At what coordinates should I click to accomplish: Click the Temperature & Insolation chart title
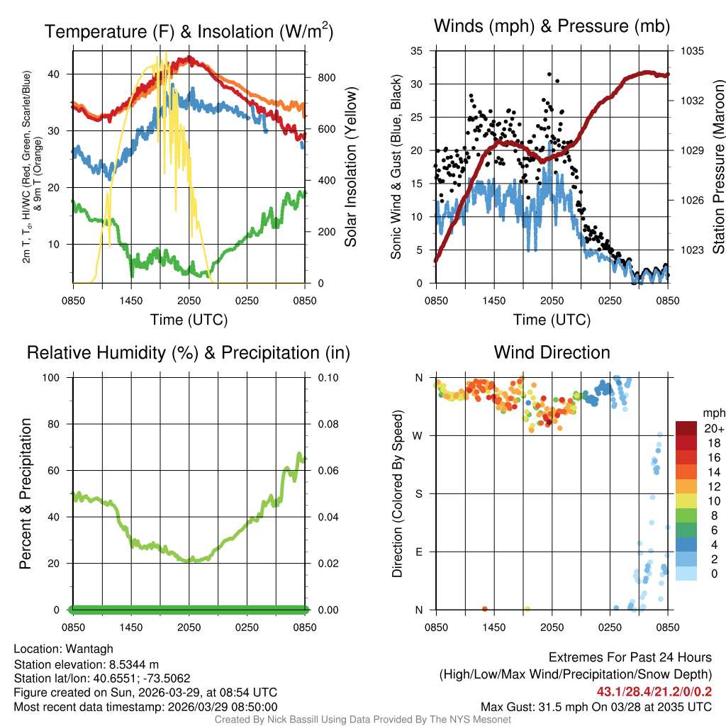(189, 32)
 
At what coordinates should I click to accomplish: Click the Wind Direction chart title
(552, 352)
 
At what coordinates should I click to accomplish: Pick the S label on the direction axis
(418, 493)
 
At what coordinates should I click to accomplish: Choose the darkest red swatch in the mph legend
(686, 428)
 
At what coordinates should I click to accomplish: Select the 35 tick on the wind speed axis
(417, 51)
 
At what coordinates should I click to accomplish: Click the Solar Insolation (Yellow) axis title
(350, 167)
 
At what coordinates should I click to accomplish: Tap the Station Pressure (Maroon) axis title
(717, 167)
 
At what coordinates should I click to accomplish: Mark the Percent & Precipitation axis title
(26, 493)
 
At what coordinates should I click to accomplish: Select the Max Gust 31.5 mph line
(596, 706)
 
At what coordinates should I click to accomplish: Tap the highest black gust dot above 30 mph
(549, 74)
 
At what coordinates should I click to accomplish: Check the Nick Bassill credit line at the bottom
(363, 720)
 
